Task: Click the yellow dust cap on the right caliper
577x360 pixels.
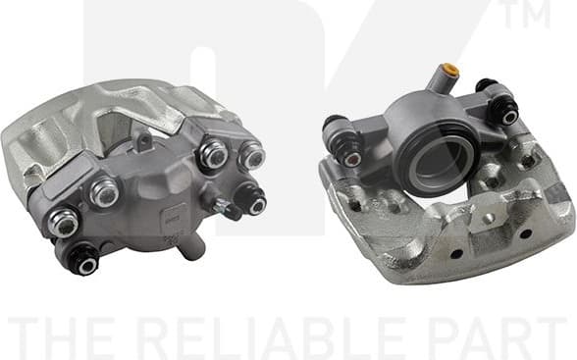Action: [x=451, y=72]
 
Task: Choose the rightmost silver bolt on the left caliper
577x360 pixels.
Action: [x=252, y=155]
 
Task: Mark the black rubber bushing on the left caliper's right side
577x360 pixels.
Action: [x=252, y=202]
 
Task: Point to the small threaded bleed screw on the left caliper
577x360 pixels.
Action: [x=228, y=208]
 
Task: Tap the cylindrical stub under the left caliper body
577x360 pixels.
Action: [x=193, y=247]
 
